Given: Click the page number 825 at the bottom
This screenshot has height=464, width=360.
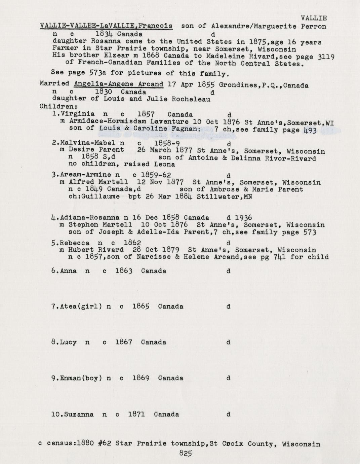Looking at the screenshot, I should tap(185, 453).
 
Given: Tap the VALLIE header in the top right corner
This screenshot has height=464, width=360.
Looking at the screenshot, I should tap(314, 18).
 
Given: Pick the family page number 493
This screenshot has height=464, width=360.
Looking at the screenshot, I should tap(310, 130).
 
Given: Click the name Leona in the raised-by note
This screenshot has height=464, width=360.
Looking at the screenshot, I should tap(164, 164).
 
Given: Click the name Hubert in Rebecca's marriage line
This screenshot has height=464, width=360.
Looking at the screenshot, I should tap(80, 250).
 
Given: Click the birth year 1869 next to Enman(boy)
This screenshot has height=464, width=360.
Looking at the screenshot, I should tap(141, 378).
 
